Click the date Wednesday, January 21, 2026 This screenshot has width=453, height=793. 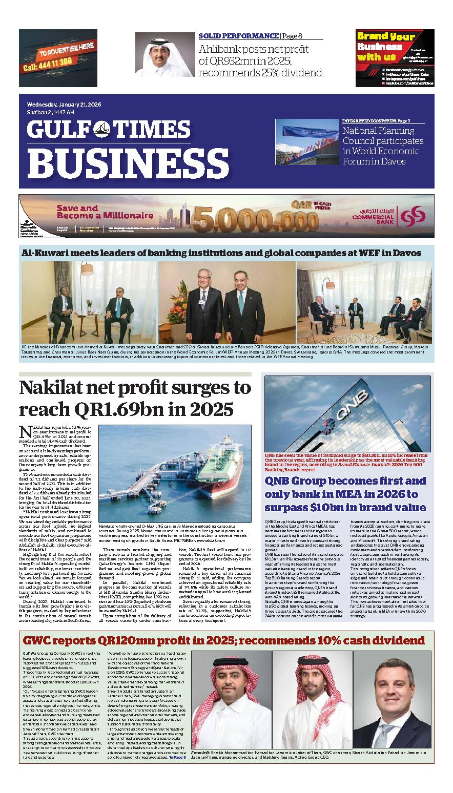coord(64,105)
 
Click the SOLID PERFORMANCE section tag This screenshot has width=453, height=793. coord(238,36)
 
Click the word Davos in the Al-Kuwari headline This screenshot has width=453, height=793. coord(406,253)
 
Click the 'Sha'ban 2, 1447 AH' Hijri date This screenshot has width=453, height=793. coord(51,112)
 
